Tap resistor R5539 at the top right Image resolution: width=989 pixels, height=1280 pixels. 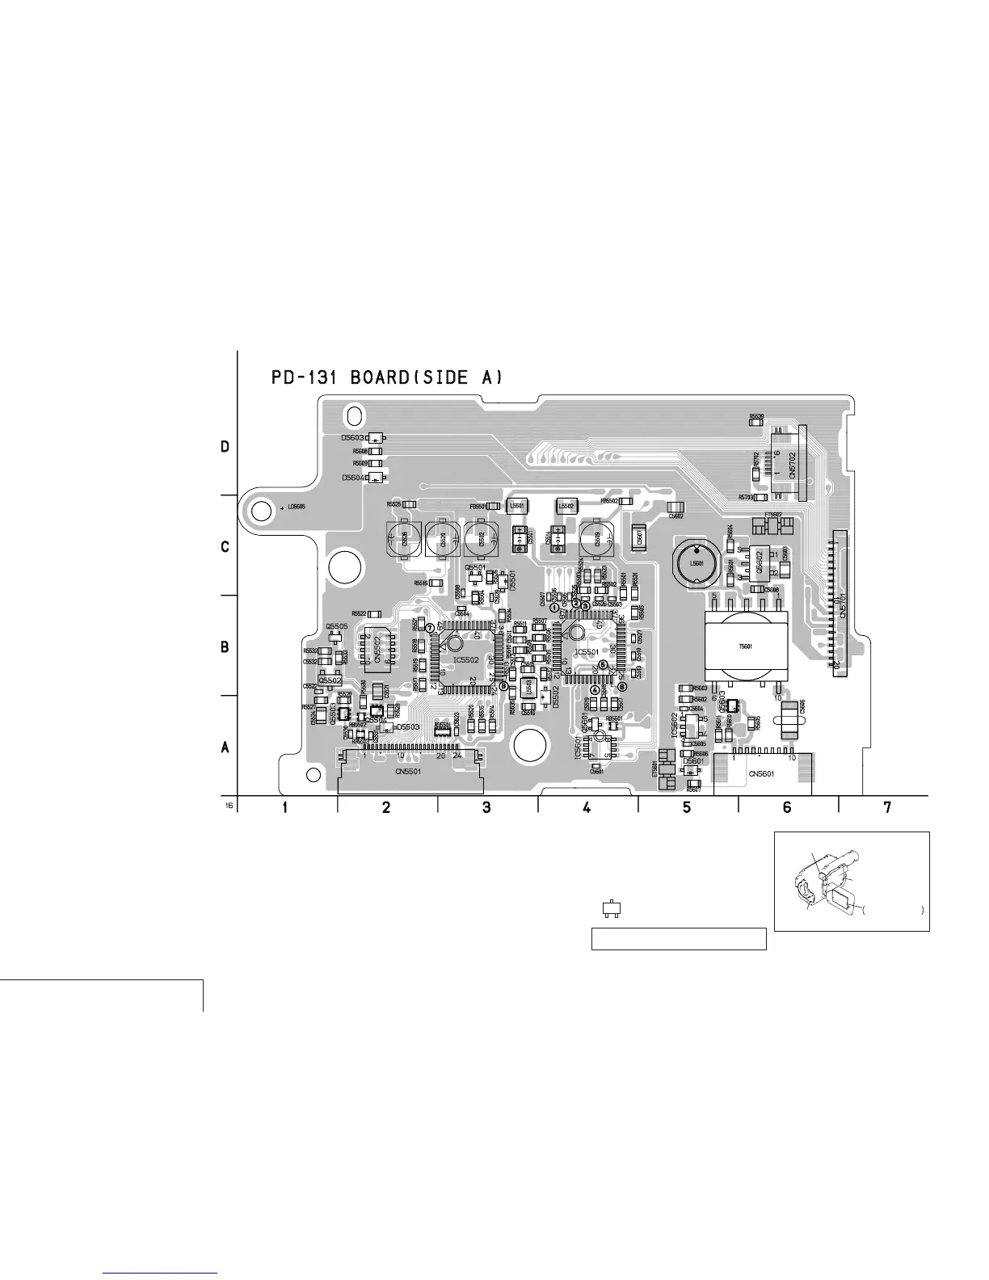(x=756, y=419)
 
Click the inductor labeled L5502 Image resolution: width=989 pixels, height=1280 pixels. (x=566, y=506)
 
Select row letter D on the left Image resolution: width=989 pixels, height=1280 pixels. (x=225, y=446)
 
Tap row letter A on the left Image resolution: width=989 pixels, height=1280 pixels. (x=225, y=748)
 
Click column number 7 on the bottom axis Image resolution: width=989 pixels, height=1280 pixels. (x=887, y=807)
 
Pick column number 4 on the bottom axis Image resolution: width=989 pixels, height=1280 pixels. (x=587, y=807)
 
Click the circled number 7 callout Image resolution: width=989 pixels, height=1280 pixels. (x=430, y=628)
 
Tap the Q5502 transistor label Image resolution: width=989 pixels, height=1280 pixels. (x=330, y=680)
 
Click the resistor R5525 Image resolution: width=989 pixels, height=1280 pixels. (x=409, y=504)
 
